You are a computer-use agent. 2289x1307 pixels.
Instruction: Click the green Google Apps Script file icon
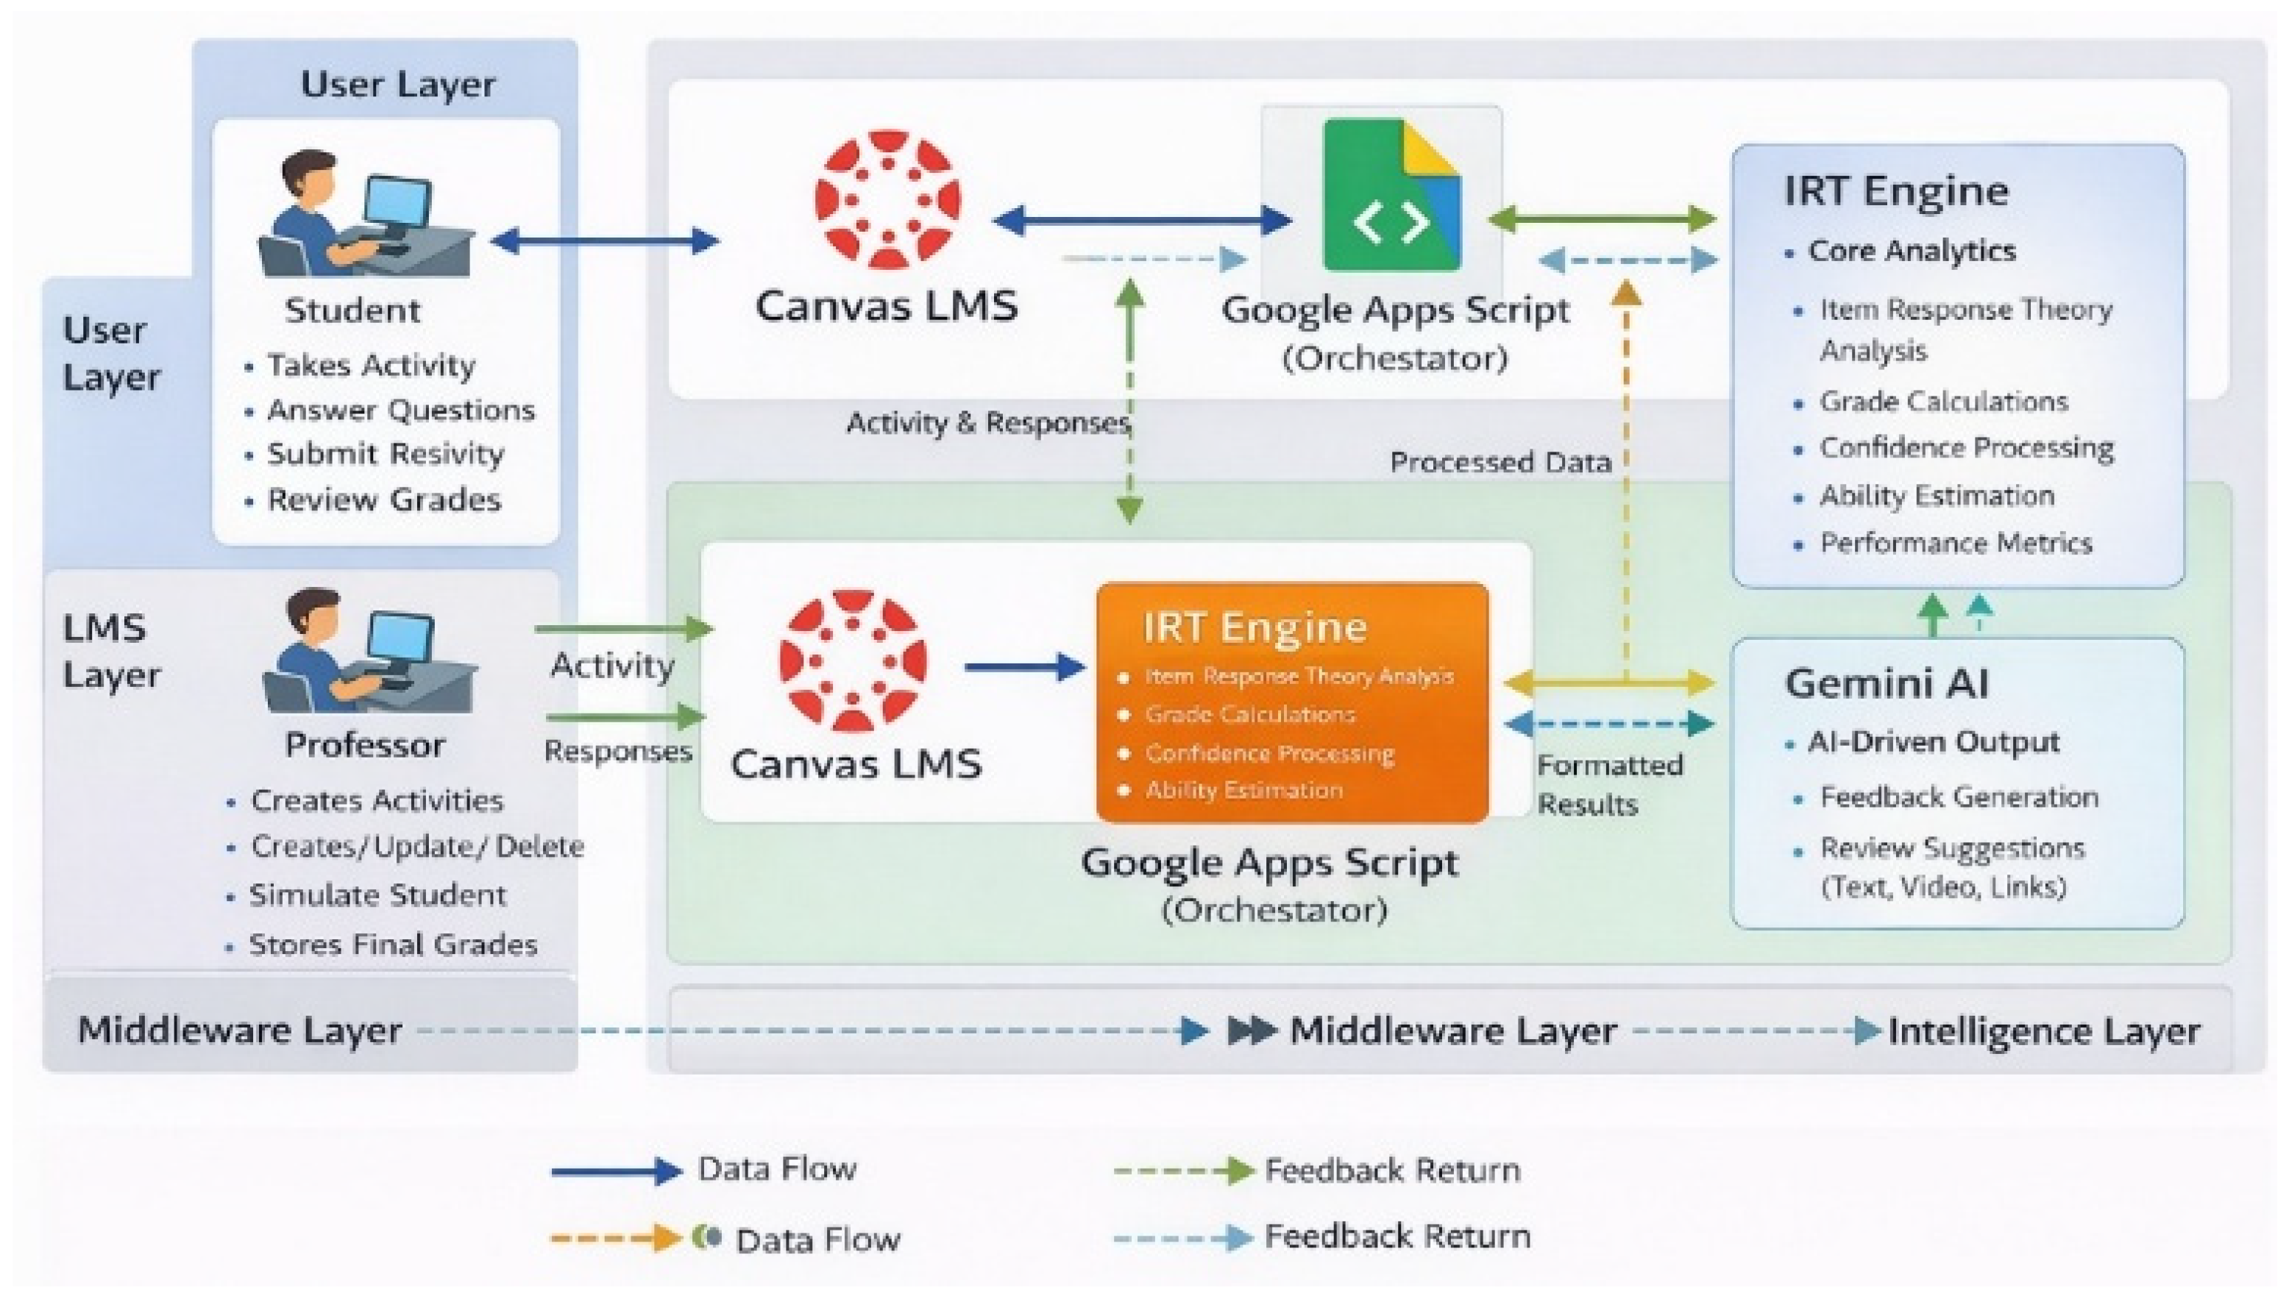pyautogui.click(x=1391, y=195)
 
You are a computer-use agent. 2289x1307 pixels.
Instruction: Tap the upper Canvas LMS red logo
pyautogui.click(x=887, y=199)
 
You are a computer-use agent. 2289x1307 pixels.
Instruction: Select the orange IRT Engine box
pyautogui.click(x=1292, y=702)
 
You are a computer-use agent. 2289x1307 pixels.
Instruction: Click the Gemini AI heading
pyautogui.click(x=1886, y=683)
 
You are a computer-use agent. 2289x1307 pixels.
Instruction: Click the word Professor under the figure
pyautogui.click(x=365, y=745)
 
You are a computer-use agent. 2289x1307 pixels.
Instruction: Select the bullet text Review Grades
pyautogui.click(x=384, y=499)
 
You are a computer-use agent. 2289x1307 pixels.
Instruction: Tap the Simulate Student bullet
pyautogui.click(x=377, y=895)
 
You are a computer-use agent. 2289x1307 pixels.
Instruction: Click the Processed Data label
pyautogui.click(x=1500, y=463)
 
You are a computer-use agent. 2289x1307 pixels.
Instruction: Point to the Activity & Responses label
pyautogui.click(x=988, y=422)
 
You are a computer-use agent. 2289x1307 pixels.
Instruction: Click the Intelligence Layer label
pyautogui.click(x=2044, y=1031)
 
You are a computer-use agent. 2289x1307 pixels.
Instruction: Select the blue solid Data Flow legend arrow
pyautogui.click(x=617, y=1170)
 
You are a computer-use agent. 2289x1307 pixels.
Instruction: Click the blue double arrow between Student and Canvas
pyautogui.click(x=606, y=241)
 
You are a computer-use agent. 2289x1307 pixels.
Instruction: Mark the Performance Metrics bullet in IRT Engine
pyautogui.click(x=1956, y=543)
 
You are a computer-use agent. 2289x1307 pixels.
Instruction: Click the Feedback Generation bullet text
pyautogui.click(x=1959, y=797)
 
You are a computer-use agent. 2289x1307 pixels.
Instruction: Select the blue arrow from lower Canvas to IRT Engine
pyautogui.click(x=1026, y=667)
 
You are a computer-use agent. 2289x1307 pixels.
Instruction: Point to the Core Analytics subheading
pyautogui.click(x=1912, y=251)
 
